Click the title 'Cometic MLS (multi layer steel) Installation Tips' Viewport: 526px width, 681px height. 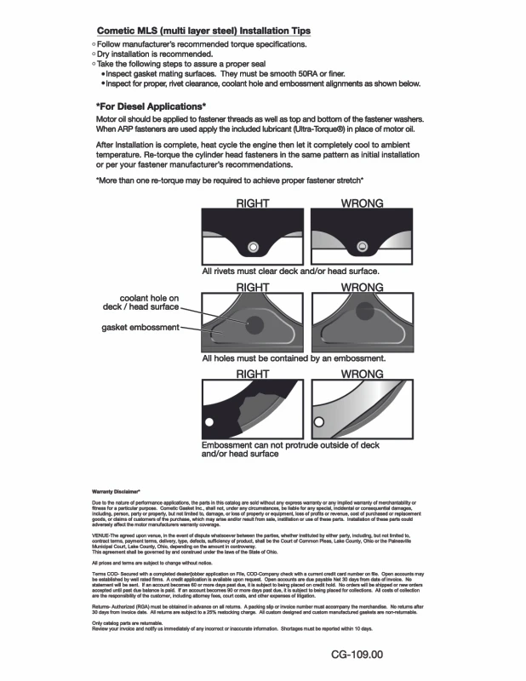203,31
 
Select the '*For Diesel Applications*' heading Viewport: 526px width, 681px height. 151,106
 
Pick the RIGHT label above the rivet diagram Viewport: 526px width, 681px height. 252,203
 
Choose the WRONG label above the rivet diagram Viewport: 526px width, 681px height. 361,203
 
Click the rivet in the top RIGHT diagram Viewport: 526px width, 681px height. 252,248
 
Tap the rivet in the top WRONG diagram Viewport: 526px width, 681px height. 362,248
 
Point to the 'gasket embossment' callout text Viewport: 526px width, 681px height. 140,327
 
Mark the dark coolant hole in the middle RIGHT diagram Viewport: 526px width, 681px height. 254,323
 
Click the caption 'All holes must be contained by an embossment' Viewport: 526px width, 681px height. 294,358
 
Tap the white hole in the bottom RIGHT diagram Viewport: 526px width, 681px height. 206,422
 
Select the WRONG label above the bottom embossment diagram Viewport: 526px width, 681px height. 361,374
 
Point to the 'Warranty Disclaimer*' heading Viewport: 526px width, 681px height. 115,491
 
